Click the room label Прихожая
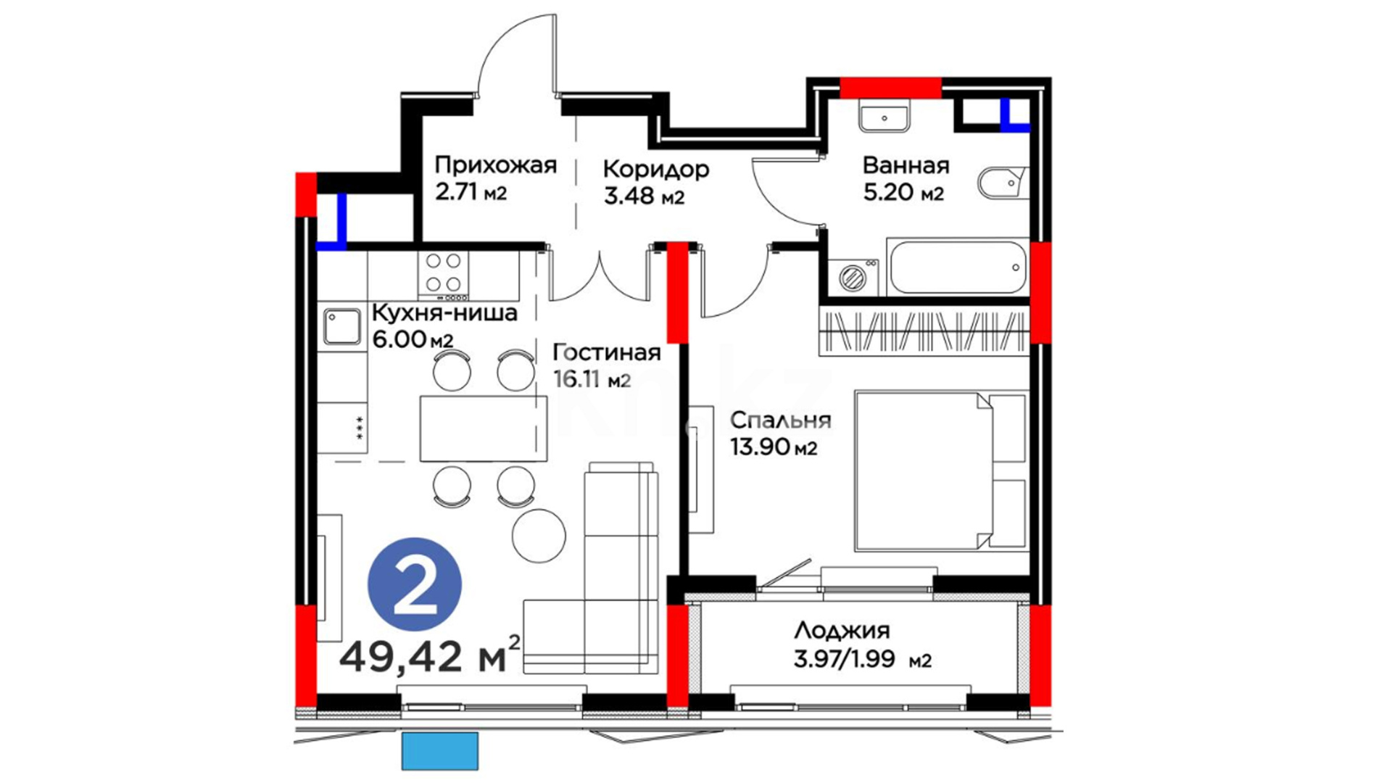495,166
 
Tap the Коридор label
656,170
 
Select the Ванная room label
906,166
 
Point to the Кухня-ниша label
444,313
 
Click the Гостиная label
607,353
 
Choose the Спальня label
780,420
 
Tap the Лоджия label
842,631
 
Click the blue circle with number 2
415,584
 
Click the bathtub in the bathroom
958,268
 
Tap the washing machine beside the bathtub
852,277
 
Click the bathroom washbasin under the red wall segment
884,116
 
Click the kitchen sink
342,327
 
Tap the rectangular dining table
484,428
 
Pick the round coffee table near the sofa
539,536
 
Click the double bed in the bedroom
940,471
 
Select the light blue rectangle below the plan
440,751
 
